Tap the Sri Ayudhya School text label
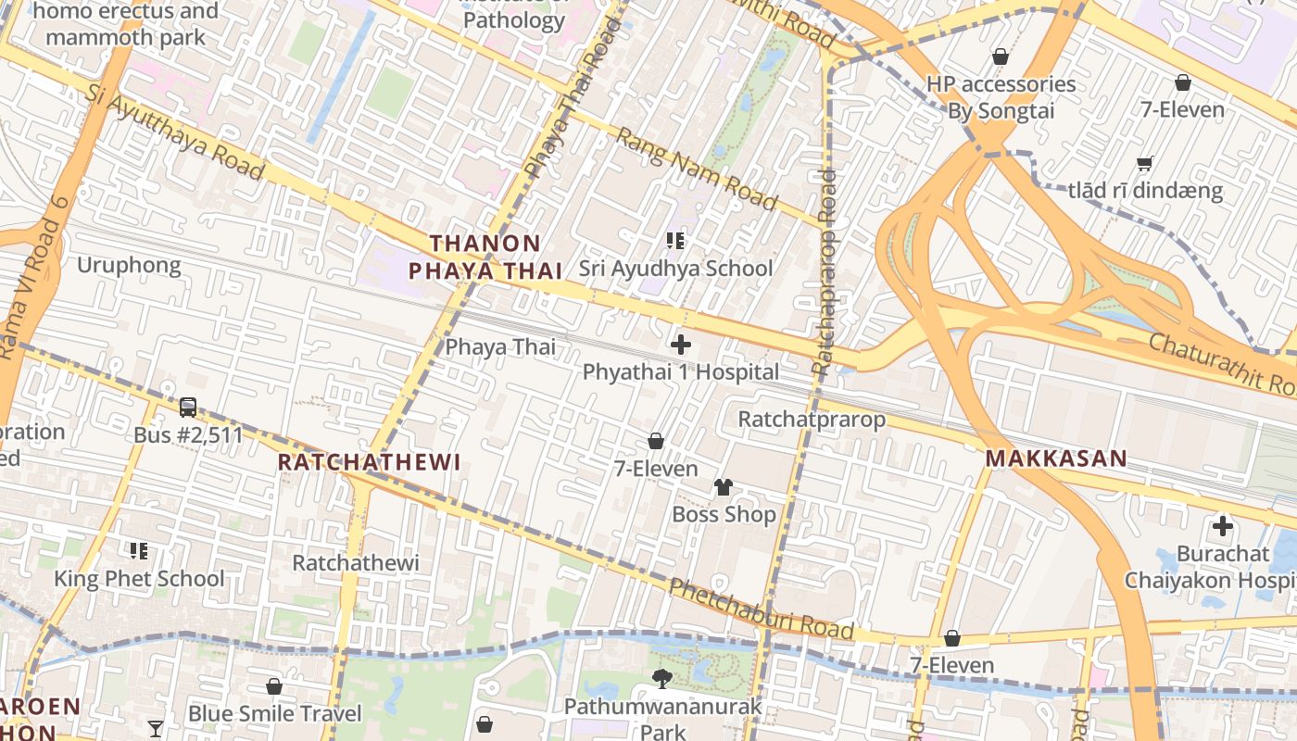(x=675, y=269)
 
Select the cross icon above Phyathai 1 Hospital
(x=681, y=345)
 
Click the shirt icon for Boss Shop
(x=724, y=487)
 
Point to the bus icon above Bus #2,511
(x=188, y=408)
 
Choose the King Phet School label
(x=139, y=579)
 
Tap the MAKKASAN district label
(x=1056, y=458)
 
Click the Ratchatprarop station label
(x=812, y=420)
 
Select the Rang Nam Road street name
(x=696, y=170)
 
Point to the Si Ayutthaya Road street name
(x=176, y=132)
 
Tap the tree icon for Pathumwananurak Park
(x=662, y=679)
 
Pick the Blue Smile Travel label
(x=274, y=714)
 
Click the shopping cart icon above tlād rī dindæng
(x=1145, y=164)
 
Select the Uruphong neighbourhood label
(x=129, y=266)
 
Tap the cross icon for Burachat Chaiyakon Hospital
(x=1223, y=527)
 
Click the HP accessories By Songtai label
(x=1001, y=97)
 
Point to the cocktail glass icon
(x=156, y=728)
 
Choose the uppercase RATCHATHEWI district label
(x=369, y=462)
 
